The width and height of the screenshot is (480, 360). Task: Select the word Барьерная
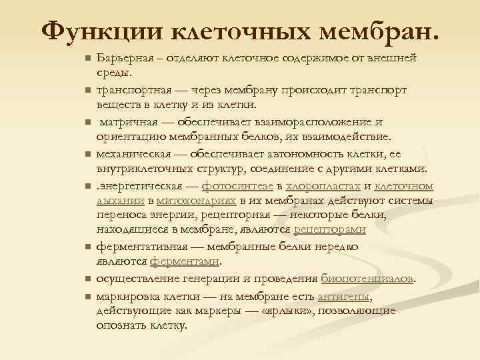click(123, 58)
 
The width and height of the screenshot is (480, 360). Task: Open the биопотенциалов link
click(367, 277)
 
